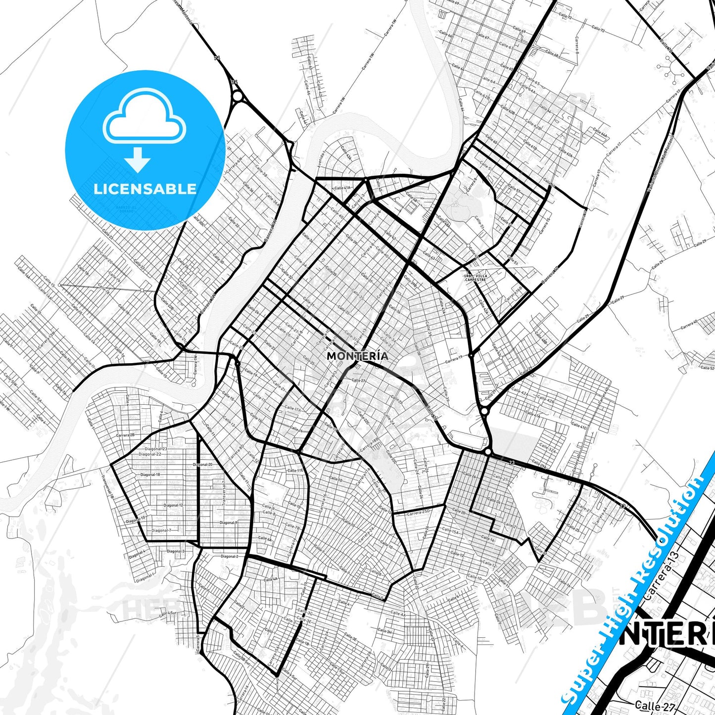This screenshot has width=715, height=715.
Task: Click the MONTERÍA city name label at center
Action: point(357,356)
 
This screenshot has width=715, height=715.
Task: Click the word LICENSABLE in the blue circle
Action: point(144,189)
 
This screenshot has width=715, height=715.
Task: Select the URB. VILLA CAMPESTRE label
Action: point(475,278)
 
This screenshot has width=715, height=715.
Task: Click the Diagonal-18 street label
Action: point(150,475)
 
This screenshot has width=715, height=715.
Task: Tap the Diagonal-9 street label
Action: point(229,523)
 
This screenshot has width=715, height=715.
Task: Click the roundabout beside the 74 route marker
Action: point(238,95)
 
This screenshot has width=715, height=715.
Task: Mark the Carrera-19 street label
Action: point(454,360)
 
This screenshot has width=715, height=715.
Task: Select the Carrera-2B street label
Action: point(125,435)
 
